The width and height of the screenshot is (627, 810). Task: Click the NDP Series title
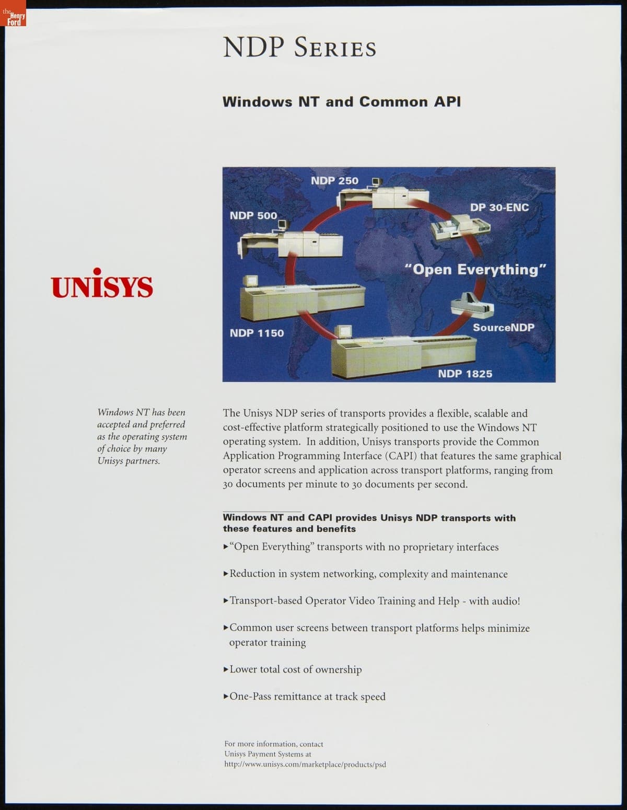[299, 48]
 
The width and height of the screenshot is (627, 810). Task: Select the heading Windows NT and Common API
[342, 101]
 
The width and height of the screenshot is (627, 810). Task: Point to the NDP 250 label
[334, 181]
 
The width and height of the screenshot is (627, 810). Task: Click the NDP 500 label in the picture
[253, 215]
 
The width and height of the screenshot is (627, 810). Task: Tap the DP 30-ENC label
[499, 207]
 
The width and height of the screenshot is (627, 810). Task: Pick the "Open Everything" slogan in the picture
[476, 270]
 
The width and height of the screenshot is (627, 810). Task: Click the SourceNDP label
[503, 328]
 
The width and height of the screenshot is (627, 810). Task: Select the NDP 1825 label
[465, 374]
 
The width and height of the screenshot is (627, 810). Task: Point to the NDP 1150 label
[257, 333]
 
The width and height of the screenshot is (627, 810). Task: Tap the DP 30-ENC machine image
[460, 228]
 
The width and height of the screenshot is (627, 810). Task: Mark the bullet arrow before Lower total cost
[226, 669]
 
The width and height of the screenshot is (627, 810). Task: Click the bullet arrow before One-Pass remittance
[226, 697]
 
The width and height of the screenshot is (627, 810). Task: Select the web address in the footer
[305, 764]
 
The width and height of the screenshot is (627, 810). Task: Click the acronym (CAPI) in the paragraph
[401, 456]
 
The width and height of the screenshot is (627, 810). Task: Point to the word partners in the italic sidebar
[143, 461]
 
